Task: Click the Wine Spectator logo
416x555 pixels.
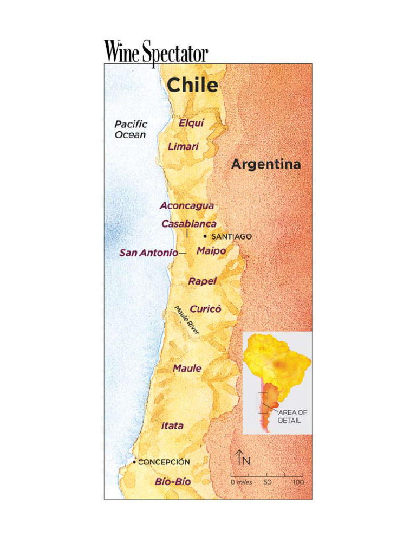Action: click(x=156, y=53)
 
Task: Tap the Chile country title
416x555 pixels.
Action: click(x=192, y=85)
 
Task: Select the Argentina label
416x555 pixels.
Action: click(x=266, y=164)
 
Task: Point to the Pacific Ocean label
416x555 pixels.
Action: click(x=131, y=130)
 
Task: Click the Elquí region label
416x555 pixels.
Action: click(x=191, y=123)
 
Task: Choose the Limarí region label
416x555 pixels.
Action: click(x=184, y=146)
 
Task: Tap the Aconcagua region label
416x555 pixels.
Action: click(x=187, y=206)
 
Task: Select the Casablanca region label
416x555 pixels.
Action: click(x=189, y=224)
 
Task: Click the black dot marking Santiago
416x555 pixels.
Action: click(x=205, y=236)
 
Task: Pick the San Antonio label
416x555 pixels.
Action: click(x=148, y=253)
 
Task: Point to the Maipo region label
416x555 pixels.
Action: click(x=211, y=251)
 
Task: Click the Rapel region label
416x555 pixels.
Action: click(x=203, y=281)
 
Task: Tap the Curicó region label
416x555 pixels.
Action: click(x=205, y=309)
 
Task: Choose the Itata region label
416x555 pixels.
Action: click(x=172, y=426)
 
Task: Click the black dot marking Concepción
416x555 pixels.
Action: click(x=134, y=462)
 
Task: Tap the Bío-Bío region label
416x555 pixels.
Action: click(x=173, y=481)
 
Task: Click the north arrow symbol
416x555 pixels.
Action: click(x=239, y=458)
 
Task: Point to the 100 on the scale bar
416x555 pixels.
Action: click(x=298, y=482)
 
